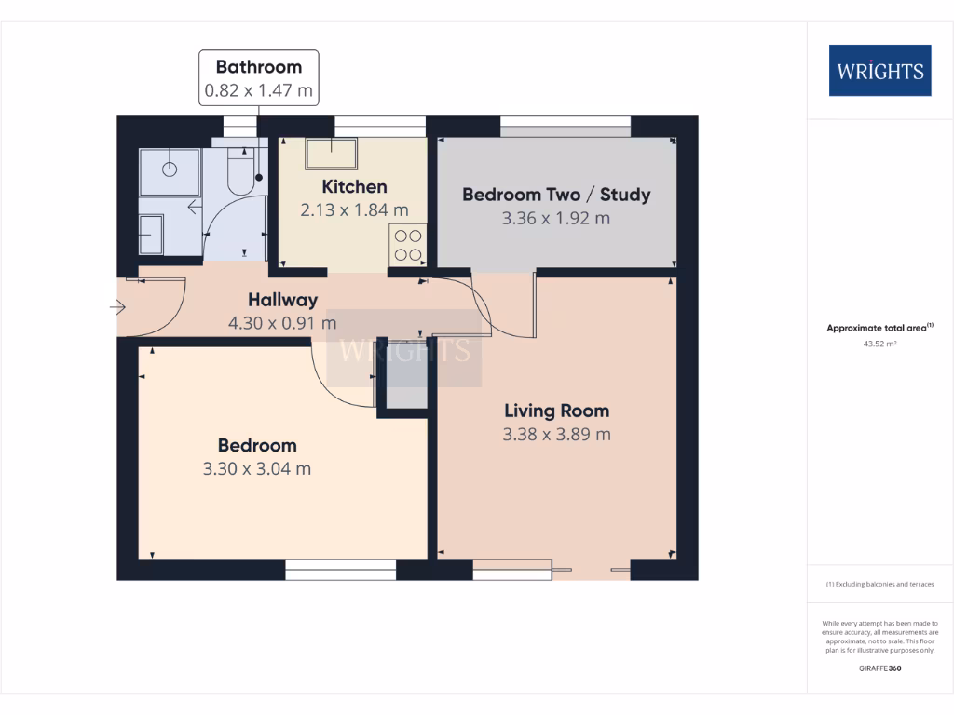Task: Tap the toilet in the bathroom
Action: click(241, 173)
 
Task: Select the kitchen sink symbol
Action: click(331, 154)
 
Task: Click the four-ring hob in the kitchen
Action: click(407, 245)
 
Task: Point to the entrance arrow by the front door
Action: click(117, 307)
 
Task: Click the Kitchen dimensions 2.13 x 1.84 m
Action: click(354, 210)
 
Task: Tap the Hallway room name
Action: click(282, 300)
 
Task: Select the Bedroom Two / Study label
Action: click(556, 195)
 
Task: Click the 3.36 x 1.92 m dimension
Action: click(556, 219)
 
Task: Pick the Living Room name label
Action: click(556, 411)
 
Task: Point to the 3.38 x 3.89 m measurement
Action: click(556, 435)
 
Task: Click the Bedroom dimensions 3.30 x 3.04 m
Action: click(257, 469)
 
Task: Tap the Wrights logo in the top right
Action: click(879, 71)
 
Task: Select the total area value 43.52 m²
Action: click(879, 344)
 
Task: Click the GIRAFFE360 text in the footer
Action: click(879, 668)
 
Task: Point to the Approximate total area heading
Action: click(879, 328)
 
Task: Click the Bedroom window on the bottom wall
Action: click(341, 569)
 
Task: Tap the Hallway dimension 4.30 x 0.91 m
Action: click(282, 324)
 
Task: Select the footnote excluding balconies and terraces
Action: click(879, 584)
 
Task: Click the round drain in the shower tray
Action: click(170, 169)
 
